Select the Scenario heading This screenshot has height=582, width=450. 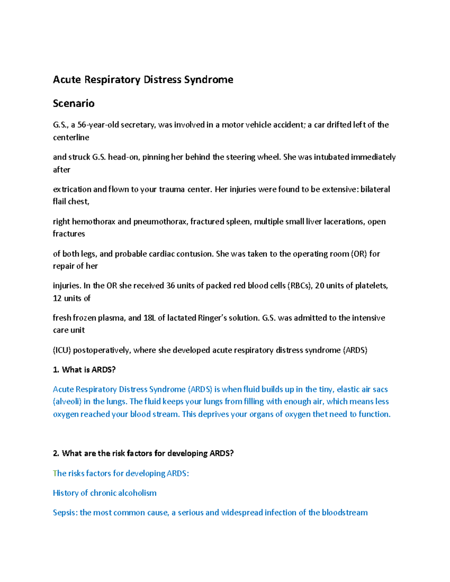[x=73, y=103]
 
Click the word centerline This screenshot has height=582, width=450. [x=71, y=138]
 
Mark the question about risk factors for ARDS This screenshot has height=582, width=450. [x=143, y=453]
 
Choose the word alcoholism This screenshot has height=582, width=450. [x=137, y=493]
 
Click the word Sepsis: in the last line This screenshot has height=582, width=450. [x=65, y=513]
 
